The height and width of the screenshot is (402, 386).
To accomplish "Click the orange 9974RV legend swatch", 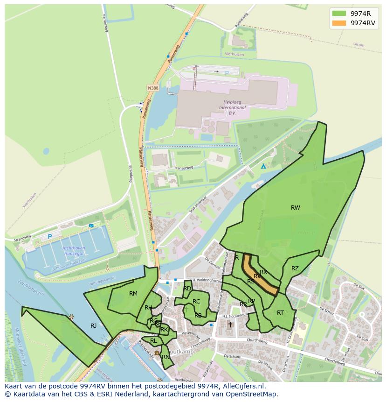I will coord(339,23).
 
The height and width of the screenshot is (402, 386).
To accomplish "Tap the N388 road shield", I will coord(152,88).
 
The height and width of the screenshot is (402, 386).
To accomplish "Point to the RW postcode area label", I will coord(295,208).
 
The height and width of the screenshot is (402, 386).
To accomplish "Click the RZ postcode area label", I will coord(295,268).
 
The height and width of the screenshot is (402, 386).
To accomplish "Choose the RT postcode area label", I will coord(280,313).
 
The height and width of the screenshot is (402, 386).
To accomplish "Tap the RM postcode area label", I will coord(133,294).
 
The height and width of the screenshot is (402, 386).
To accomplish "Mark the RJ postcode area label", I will coord(93,326).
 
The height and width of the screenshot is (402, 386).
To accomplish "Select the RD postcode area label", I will coord(187,289).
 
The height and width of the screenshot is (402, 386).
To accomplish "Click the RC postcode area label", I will coord(196,302).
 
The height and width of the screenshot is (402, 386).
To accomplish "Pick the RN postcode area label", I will coord(165,357).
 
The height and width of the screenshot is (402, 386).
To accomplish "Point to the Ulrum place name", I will coord(358,45).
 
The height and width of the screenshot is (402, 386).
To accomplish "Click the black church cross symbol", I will coord(230,324).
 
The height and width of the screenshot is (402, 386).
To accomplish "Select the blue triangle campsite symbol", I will coord(263,166).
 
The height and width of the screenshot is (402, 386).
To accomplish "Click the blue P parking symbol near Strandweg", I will coord(49,237).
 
